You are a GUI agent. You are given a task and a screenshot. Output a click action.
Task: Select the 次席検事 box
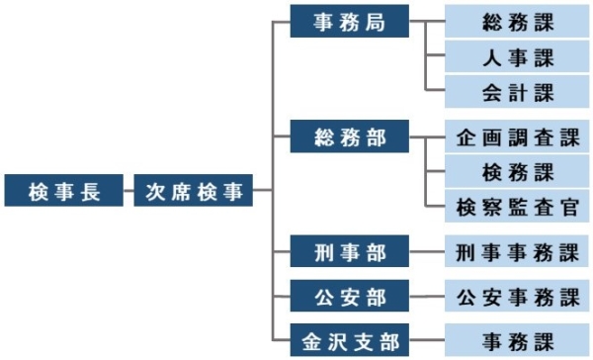coord(194,190)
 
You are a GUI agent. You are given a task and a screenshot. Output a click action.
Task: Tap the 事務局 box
coord(349,21)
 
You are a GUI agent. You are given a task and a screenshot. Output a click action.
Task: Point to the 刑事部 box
coord(349,250)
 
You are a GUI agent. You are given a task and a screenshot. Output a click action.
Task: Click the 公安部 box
coord(349,295)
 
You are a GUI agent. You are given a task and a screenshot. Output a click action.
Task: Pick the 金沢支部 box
coord(349,340)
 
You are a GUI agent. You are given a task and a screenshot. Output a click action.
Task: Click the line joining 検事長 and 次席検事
coord(128,190)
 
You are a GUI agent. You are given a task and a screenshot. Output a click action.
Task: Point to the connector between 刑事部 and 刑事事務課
coord(427,250)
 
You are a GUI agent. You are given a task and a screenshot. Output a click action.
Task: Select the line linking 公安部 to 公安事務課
coord(427,295)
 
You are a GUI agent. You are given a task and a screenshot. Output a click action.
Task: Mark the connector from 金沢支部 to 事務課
coord(427,340)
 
